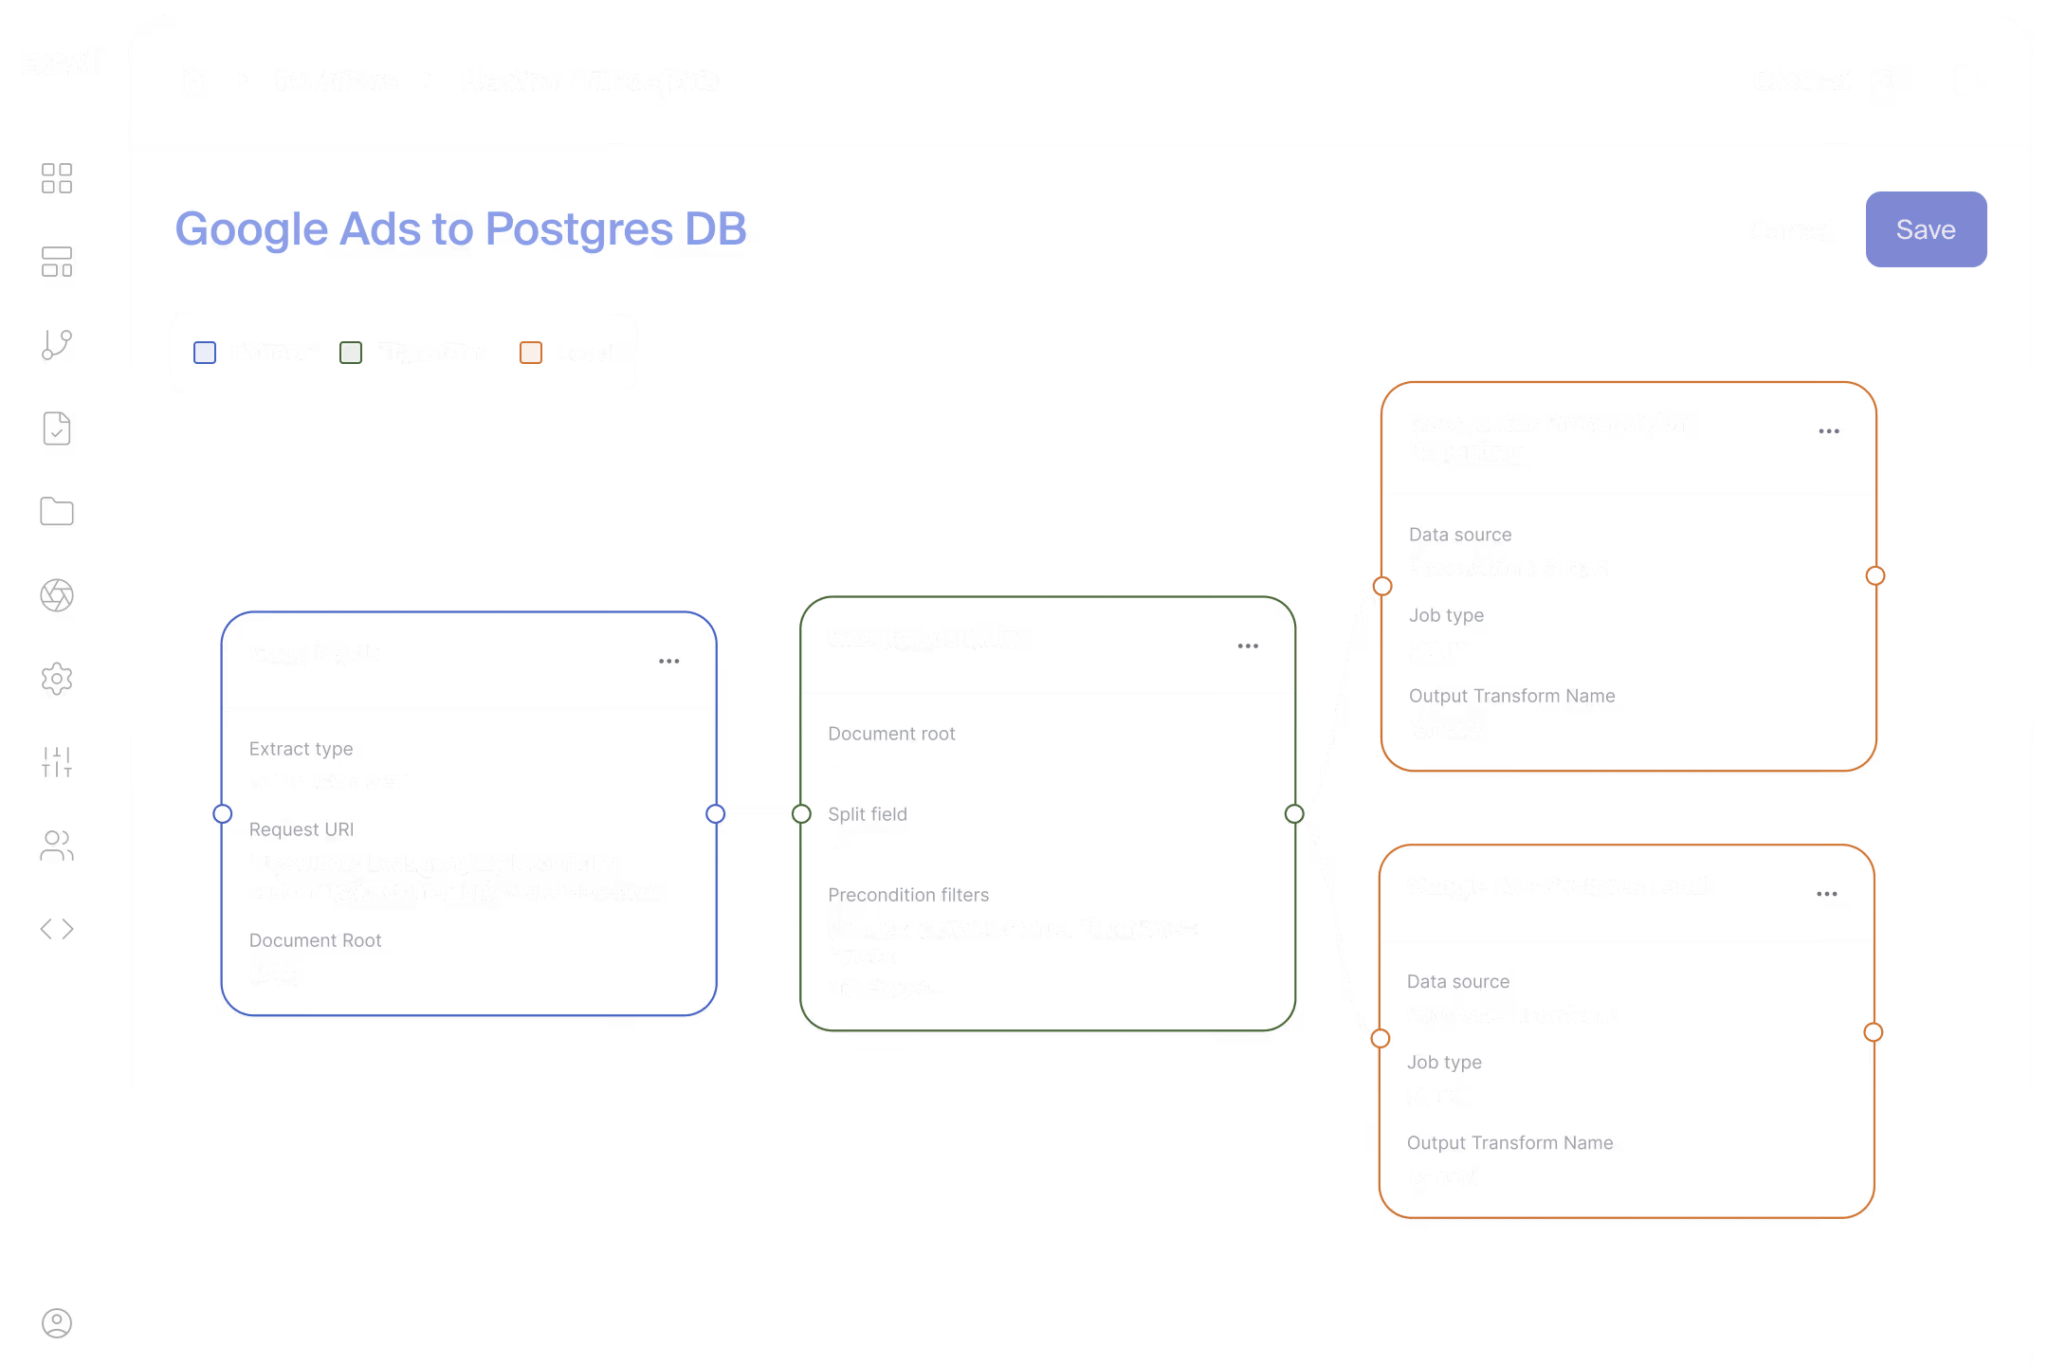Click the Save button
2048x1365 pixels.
tap(1925, 229)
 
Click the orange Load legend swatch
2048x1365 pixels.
tap(531, 353)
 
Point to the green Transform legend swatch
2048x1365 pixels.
tap(351, 353)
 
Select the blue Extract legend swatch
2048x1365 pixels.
tap(205, 353)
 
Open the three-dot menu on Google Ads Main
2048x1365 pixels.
tap(1248, 646)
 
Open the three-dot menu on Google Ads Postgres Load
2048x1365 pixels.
tap(1826, 894)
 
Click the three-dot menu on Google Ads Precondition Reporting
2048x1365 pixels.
tap(1828, 431)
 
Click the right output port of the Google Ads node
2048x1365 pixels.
tap(716, 813)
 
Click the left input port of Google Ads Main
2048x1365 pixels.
tap(802, 813)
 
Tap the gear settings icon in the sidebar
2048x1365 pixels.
tap(57, 679)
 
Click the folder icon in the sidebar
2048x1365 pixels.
tap(57, 512)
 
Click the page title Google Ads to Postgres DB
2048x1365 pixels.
tap(461, 229)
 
